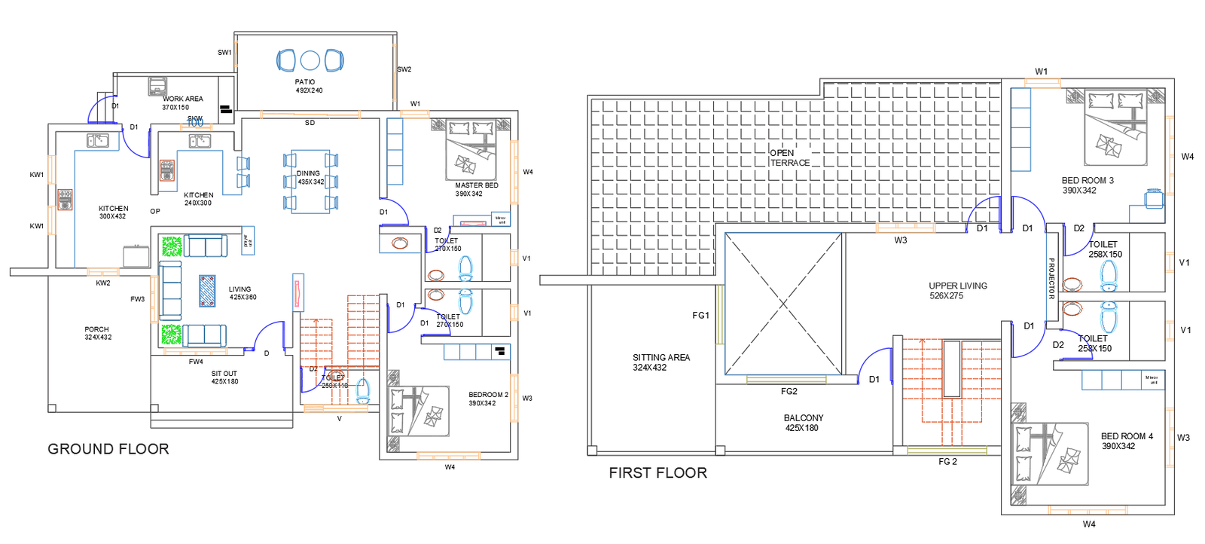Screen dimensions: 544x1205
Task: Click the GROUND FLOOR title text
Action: (x=108, y=449)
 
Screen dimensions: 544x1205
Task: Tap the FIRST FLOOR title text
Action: (x=657, y=473)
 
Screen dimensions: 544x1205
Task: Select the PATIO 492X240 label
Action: (x=308, y=86)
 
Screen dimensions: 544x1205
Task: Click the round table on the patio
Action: (x=310, y=60)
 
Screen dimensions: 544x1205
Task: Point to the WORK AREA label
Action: (x=182, y=99)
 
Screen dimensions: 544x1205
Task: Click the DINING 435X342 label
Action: (x=310, y=178)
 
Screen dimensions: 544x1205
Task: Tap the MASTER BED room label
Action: (x=476, y=189)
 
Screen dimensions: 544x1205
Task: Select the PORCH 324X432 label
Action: (x=97, y=333)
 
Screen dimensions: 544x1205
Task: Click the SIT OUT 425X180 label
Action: (x=224, y=377)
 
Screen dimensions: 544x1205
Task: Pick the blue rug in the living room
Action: (x=207, y=291)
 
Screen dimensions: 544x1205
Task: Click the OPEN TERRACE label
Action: (x=789, y=157)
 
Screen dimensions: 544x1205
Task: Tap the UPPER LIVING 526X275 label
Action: (x=957, y=291)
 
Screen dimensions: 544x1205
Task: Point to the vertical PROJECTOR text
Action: (x=1051, y=278)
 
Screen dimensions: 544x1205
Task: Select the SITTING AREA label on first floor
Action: (x=660, y=362)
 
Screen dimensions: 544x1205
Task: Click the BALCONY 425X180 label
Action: (x=803, y=423)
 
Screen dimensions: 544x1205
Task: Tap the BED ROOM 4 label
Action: (x=1126, y=441)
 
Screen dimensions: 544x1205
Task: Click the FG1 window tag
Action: (x=700, y=316)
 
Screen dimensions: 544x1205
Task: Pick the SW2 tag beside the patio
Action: (x=404, y=69)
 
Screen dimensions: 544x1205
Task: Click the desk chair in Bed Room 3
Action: (x=1154, y=198)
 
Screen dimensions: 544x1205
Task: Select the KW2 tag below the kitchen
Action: (x=103, y=283)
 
